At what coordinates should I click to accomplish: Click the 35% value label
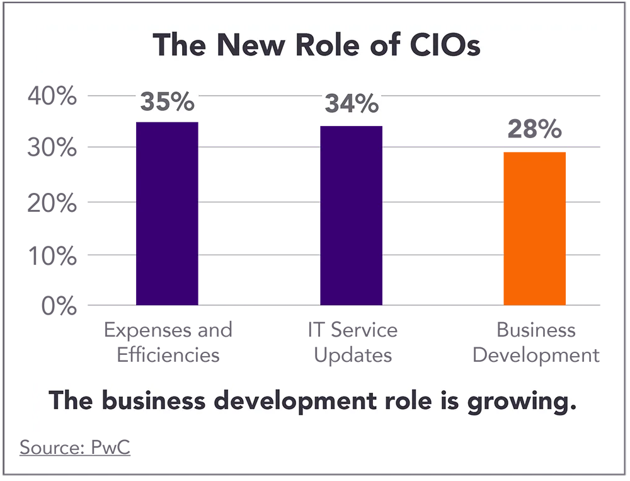click(167, 101)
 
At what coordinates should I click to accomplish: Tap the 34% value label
click(352, 104)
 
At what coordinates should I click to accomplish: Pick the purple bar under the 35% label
click(165, 214)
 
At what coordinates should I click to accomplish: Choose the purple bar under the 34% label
click(350, 214)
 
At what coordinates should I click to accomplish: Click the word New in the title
click(253, 45)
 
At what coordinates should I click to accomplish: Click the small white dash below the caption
click(111, 441)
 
